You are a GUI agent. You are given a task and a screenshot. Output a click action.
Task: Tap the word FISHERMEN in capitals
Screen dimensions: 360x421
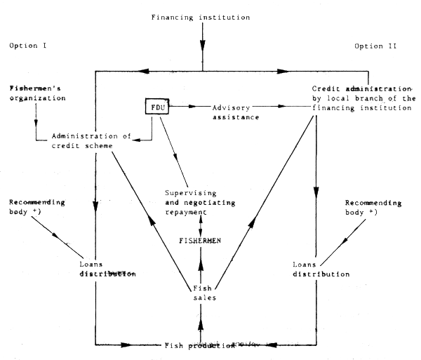click(x=202, y=240)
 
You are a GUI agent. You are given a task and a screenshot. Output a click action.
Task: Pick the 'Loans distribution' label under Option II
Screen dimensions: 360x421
click(x=317, y=269)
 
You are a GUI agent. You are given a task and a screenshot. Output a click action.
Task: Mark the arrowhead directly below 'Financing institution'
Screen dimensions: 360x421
click(x=202, y=46)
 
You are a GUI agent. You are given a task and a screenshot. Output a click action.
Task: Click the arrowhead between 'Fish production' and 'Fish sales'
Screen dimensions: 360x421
click(x=202, y=324)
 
